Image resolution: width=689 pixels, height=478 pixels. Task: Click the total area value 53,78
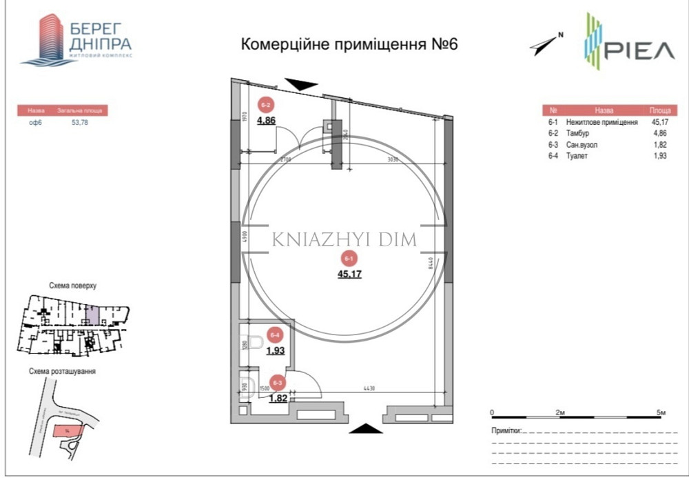81,122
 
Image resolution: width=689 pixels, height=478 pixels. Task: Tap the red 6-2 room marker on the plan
266,105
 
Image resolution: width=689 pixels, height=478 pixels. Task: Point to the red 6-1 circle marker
349,259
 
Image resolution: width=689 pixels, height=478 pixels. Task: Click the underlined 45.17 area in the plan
349,274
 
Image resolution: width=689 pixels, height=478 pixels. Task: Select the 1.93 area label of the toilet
275,350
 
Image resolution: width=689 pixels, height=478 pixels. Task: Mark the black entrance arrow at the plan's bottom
364,429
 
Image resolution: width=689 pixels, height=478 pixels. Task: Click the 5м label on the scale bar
661,412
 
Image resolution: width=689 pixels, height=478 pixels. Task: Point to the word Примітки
507,430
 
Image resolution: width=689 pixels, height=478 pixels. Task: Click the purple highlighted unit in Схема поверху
92,317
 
